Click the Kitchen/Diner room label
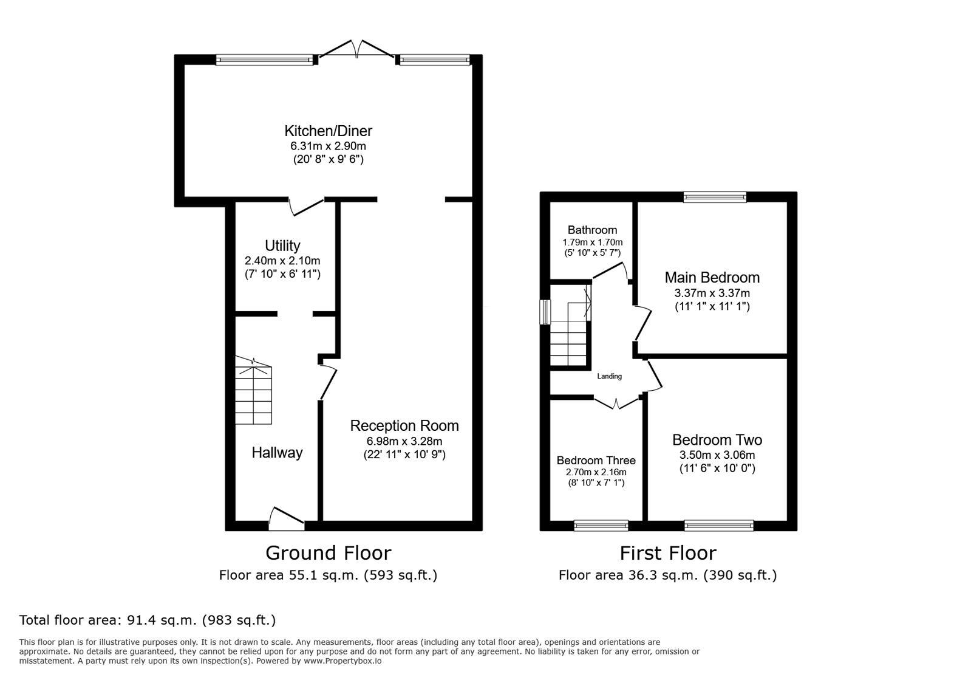click(x=328, y=131)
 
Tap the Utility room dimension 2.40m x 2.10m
click(x=282, y=261)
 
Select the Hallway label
click(x=277, y=452)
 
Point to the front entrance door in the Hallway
click(x=287, y=515)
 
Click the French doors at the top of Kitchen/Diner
click(x=358, y=50)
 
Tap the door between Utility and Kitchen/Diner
click(x=306, y=206)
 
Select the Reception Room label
click(x=404, y=425)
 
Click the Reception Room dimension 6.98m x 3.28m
click(x=404, y=441)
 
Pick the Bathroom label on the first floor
click(x=592, y=230)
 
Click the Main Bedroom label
click(x=712, y=278)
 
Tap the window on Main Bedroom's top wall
click(x=715, y=196)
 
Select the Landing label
click(x=609, y=376)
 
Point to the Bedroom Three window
click(x=601, y=526)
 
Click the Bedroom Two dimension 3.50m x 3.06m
click(x=717, y=455)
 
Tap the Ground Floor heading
click(x=328, y=552)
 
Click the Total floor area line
click(x=148, y=620)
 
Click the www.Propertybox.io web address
click(x=342, y=661)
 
